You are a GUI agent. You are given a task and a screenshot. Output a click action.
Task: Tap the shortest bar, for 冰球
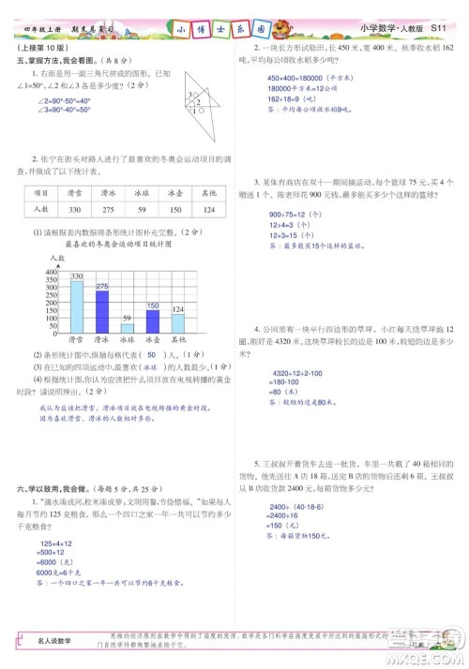(128, 328)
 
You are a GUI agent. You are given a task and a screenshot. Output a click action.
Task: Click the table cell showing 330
(74, 209)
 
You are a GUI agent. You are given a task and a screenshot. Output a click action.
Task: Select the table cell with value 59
(141, 209)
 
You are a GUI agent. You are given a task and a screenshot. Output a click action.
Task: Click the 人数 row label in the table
(40, 209)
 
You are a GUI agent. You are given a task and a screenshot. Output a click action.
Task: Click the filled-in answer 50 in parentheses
(150, 355)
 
